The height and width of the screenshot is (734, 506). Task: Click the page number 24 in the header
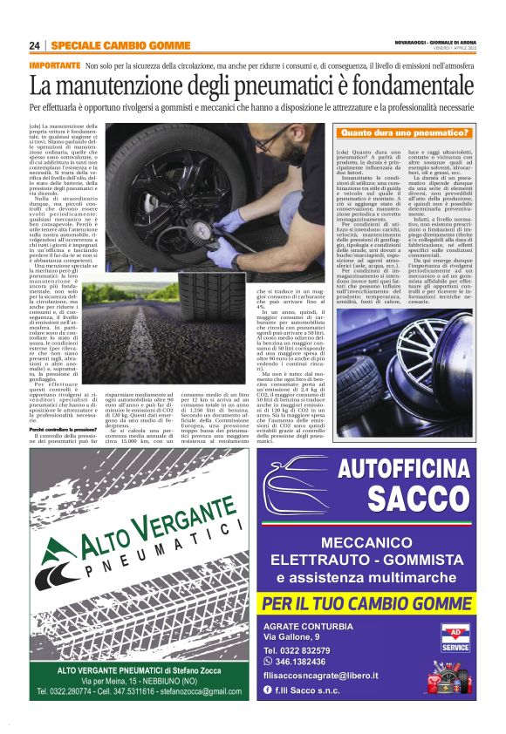(34, 45)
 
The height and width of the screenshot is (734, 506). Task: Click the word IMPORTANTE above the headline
(54, 65)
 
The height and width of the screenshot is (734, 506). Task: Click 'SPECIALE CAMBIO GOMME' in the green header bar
(108, 45)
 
